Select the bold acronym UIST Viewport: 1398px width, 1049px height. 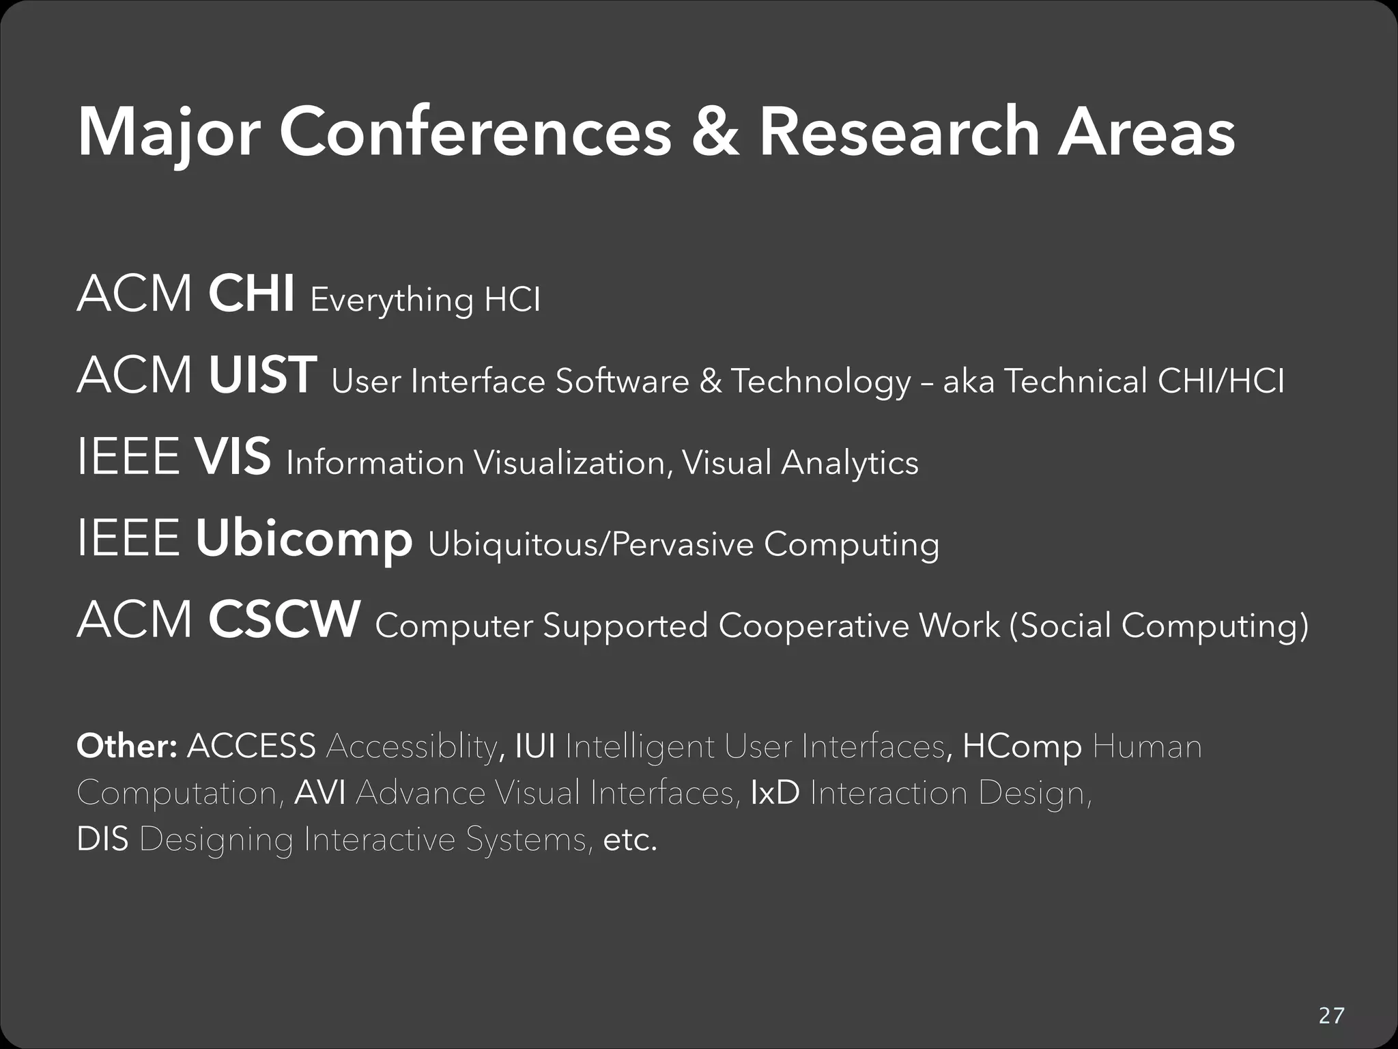[x=262, y=376]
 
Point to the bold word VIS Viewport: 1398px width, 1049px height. [x=233, y=457]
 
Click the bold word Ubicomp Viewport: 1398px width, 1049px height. [x=304, y=540]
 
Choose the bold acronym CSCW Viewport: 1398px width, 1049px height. [x=284, y=620]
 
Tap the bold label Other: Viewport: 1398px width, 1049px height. [x=127, y=746]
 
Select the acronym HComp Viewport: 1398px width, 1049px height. [x=1022, y=746]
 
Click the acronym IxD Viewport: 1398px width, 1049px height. [x=775, y=793]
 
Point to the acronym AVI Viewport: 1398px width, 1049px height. [x=320, y=793]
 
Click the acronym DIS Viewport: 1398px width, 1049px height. [x=102, y=839]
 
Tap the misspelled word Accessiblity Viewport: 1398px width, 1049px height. [x=412, y=746]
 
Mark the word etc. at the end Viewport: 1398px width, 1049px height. [x=630, y=839]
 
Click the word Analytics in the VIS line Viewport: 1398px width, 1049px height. [x=850, y=463]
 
